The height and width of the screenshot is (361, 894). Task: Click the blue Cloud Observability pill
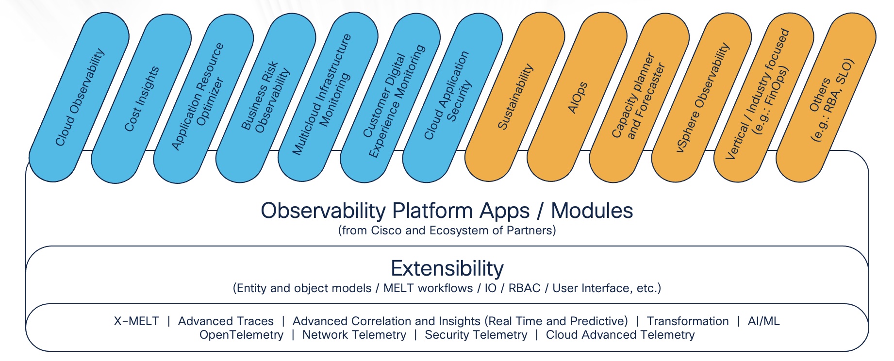(x=79, y=97)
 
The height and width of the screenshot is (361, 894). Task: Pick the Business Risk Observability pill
(x=266, y=98)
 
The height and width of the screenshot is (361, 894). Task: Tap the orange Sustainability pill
(x=515, y=97)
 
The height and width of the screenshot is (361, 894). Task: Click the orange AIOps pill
(x=577, y=98)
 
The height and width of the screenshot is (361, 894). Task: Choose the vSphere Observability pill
(x=702, y=97)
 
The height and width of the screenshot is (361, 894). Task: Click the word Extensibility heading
(x=447, y=268)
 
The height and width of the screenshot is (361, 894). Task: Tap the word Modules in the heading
(x=592, y=211)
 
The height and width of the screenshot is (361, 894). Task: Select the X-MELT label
(x=136, y=321)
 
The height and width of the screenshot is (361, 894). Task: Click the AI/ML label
(x=763, y=321)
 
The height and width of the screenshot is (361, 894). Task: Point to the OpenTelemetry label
(x=241, y=335)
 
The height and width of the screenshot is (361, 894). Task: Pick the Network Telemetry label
(x=354, y=335)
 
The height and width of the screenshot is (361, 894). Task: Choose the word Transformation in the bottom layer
(x=687, y=321)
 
